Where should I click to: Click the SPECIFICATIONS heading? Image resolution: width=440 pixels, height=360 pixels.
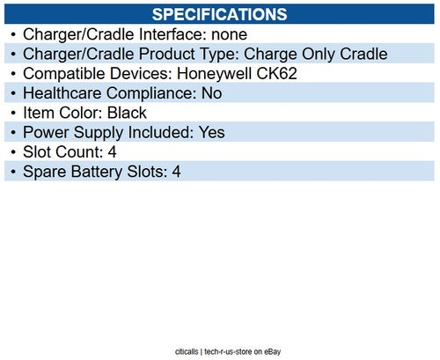click(x=219, y=15)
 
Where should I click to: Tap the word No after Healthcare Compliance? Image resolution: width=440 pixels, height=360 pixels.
click(x=212, y=93)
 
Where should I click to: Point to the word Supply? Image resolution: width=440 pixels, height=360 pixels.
click(x=99, y=132)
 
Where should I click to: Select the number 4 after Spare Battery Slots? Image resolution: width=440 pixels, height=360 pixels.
click(x=176, y=171)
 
